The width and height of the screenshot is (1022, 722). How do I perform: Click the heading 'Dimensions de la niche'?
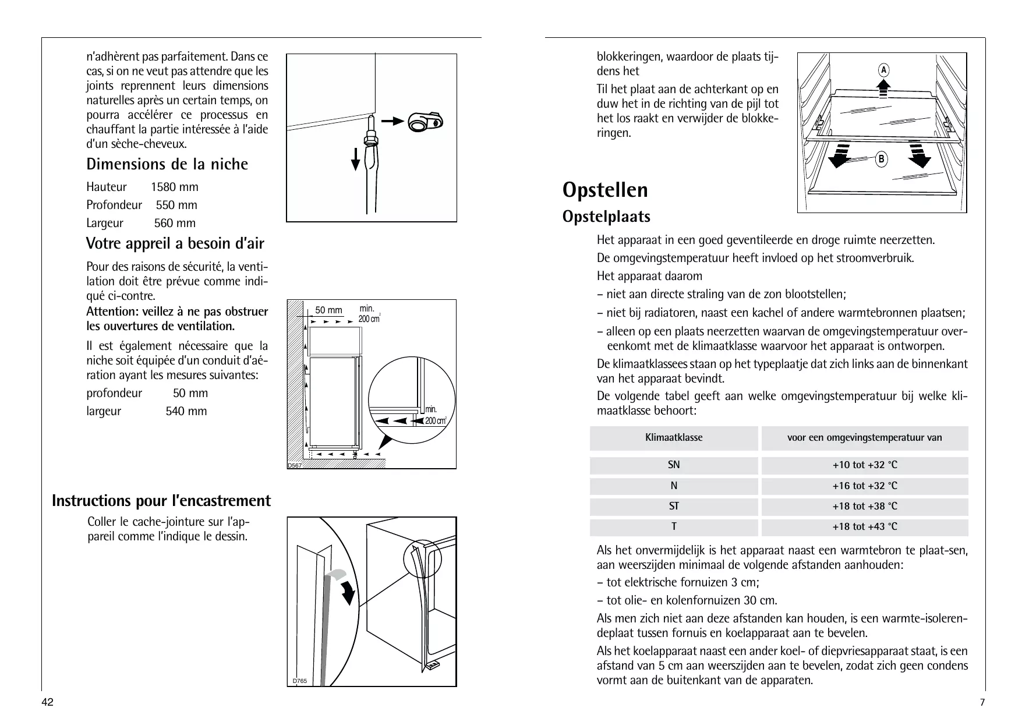point(167,164)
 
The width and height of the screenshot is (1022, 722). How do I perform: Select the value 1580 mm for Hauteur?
point(174,187)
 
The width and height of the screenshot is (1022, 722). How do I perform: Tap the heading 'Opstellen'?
point(605,190)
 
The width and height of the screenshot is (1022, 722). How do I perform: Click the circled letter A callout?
point(883,70)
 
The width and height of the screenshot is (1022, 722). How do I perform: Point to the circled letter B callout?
point(881,158)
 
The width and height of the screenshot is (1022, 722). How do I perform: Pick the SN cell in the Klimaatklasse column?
point(674,465)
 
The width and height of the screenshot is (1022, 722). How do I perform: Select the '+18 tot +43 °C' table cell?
point(864,526)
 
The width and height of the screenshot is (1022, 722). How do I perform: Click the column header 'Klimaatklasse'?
point(674,437)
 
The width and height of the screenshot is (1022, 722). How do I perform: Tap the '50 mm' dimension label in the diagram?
point(328,310)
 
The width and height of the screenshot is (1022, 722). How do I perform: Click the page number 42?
point(48,702)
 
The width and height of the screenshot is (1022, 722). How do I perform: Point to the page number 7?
point(982,702)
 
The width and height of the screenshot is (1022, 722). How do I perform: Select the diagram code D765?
point(300,681)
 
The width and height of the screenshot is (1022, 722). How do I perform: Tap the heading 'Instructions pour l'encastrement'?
point(161,501)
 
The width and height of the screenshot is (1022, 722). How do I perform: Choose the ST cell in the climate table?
point(674,506)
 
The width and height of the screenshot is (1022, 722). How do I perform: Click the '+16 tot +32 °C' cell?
point(864,486)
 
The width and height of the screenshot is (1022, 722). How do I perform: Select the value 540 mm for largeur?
point(186,411)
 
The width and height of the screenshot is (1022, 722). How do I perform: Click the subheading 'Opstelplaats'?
point(606,217)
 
